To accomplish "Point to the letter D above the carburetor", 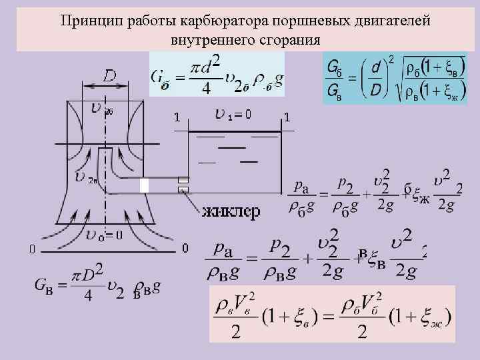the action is point(110,77).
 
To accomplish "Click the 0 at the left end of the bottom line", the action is point(31,249).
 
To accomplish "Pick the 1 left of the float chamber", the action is point(176,117).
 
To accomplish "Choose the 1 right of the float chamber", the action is point(287,117).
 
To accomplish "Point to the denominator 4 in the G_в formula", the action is point(89,296).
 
